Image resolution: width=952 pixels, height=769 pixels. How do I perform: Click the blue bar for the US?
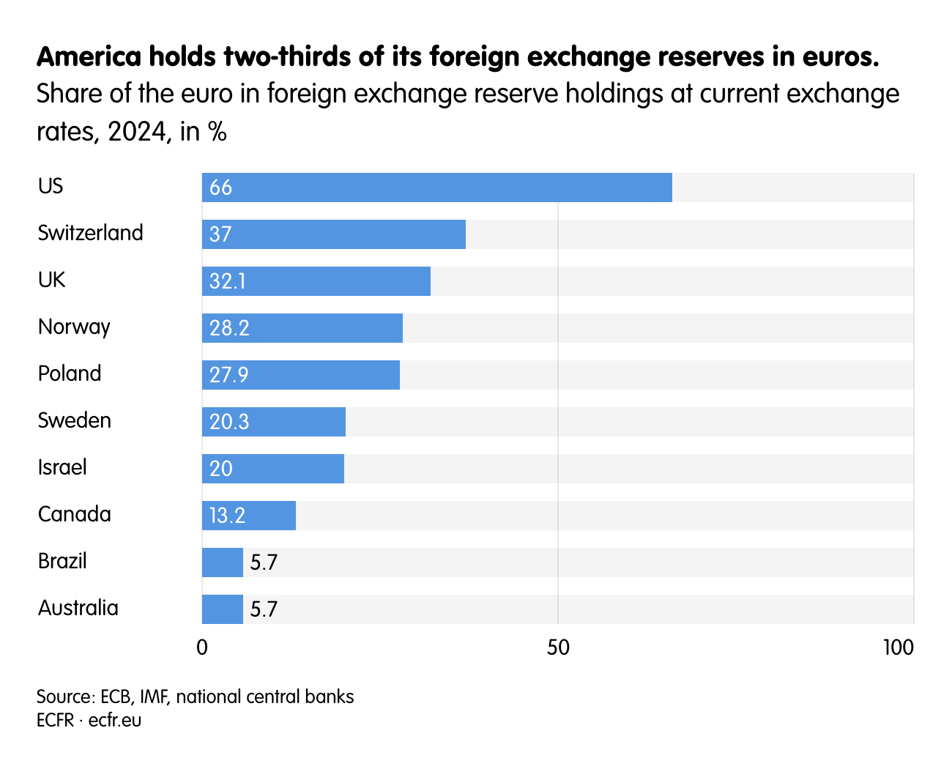coord(436,187)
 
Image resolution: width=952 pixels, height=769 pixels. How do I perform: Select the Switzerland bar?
coord(334,234)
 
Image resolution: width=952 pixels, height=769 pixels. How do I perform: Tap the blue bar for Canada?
coord(249,516)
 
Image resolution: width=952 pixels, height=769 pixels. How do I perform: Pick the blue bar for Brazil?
coord(223,562)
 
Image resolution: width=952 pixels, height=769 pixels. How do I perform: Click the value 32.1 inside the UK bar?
coord(227,281)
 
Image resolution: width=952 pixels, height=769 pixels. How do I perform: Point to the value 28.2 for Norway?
coord(229,328)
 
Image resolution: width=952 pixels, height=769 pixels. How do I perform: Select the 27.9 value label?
coord(228,375)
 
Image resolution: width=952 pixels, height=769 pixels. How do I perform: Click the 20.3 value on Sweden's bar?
coord(229,422)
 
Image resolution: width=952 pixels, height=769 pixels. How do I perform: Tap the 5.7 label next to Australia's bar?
coord(264,609)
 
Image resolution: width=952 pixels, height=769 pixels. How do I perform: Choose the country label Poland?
coord(70,374)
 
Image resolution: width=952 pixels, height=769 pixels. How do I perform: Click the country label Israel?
coord(62,467)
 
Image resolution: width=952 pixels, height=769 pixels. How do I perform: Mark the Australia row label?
coord(78,608)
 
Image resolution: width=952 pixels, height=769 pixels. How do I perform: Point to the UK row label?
coord(51,280)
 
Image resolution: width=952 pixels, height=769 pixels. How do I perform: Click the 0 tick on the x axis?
coord(202,647)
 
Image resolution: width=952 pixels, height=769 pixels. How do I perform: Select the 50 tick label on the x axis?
coord(558,647)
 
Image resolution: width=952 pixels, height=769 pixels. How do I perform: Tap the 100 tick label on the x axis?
coord(898,647)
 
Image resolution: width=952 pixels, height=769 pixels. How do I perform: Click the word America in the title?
coord(88,56)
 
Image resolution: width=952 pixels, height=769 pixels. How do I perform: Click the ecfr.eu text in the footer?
coord(115,720)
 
